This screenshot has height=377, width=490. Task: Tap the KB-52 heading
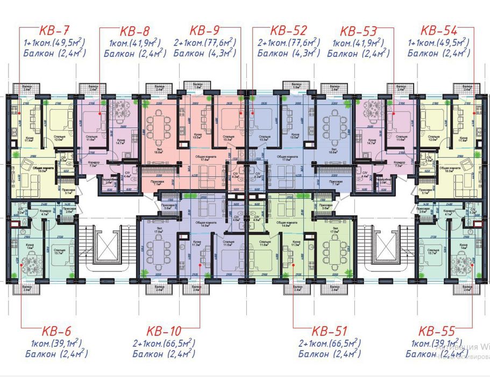288,30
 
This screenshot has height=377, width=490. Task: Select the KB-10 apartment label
165,331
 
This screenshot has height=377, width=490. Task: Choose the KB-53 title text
359,30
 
